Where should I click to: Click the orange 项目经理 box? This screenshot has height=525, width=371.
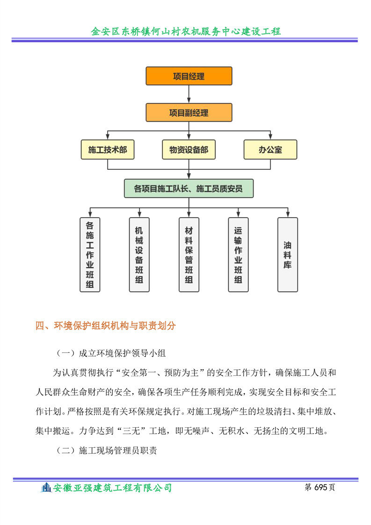[189, 76]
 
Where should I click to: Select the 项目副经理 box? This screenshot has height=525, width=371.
[189, 112]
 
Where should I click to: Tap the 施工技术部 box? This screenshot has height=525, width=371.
[108, 149]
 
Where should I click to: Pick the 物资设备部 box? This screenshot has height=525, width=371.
[189, 149]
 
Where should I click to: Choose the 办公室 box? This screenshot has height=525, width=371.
[270, 149]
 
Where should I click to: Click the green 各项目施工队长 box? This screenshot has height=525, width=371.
[189, 189]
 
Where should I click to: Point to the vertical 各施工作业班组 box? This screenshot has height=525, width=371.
[90, 255]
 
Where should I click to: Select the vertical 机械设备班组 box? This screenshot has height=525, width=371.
[139, 255]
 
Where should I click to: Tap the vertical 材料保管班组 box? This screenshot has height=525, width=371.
[189, 255]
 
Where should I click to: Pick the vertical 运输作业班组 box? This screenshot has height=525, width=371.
[239, 255]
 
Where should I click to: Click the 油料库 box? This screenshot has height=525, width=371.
[288, 255]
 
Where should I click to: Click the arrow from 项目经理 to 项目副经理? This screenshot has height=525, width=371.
[189, 94]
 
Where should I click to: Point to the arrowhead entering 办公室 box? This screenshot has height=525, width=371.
[270, 137]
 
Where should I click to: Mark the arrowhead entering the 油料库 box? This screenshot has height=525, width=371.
[288, 214]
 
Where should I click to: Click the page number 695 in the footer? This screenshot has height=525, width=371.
[320, 487]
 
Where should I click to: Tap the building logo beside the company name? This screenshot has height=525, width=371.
[46, 488]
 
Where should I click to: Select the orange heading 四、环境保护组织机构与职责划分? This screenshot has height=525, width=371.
[105, 326]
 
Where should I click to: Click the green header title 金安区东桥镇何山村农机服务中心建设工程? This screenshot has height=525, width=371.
[186, 31]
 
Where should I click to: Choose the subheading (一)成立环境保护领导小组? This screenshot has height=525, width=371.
[111, 353]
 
